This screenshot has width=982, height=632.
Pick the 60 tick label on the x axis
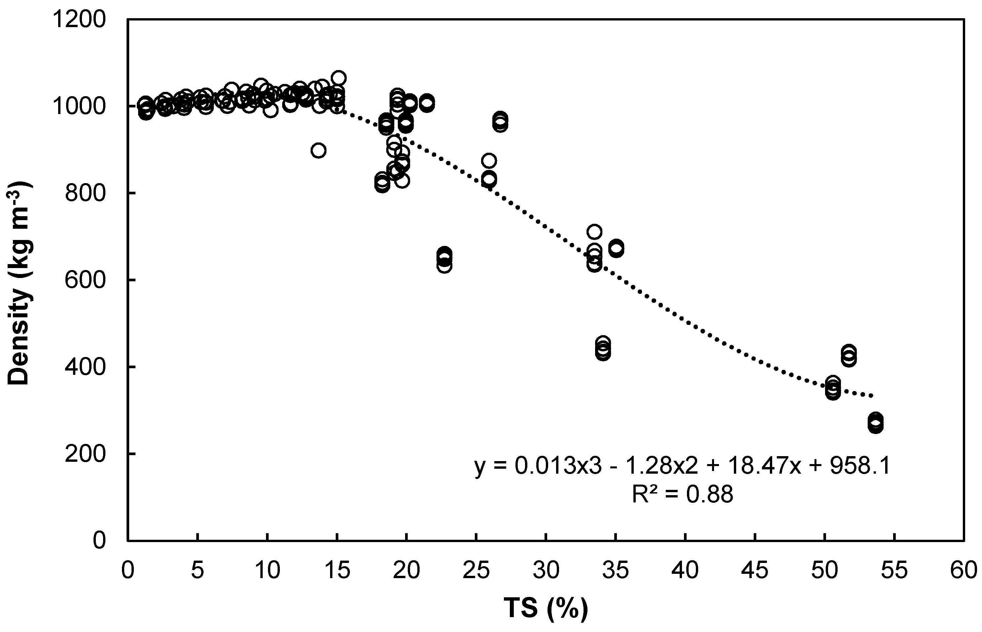pyautogui.click(x=963, y=571)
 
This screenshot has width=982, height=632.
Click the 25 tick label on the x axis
pyautogui.click(x=476, y=571)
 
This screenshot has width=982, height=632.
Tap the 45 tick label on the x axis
pyautogui.click(x=755, y=571)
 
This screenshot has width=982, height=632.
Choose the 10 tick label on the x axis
pyautogui.click(x=267, y=571)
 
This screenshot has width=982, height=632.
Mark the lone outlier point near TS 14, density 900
pyautogui.click(x=319, y=151)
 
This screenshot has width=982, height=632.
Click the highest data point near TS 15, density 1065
pyautogui.click(x=339, y=78)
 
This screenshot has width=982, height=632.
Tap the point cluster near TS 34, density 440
pyautogui.click(x=603, y=348)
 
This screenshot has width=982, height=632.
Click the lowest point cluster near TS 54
pyautogui.click(x=875, y=423)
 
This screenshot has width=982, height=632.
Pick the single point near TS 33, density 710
pyautogui.click(x=594, y=232)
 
